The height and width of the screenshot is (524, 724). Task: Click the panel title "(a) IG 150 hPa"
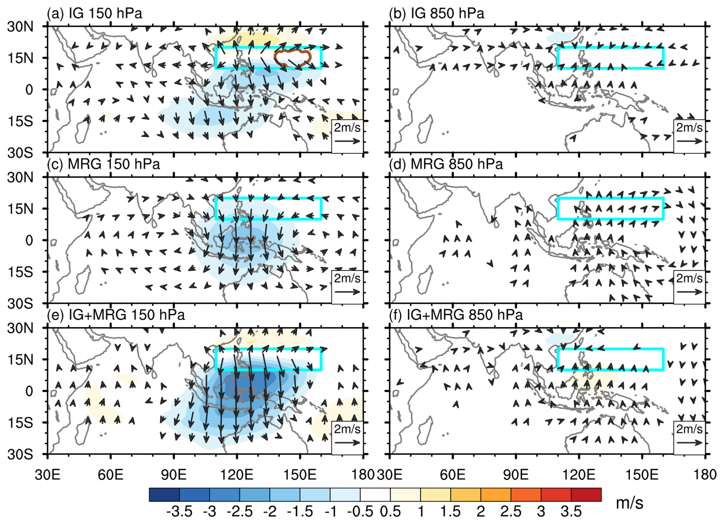point(94,13)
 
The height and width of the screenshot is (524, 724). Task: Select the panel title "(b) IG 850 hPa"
point(436,13)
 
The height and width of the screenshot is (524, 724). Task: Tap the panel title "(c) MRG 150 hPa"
point(103,164)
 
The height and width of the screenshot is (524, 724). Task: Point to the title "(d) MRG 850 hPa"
point(445,164)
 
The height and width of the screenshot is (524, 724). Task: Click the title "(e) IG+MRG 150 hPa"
point(116,315)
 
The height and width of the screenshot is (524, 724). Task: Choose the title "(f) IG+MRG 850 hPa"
point(455,315)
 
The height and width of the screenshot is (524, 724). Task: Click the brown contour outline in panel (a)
point(292,50)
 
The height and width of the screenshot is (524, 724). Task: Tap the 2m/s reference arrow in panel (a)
point(347,141)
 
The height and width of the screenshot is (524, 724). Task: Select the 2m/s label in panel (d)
point(689,278)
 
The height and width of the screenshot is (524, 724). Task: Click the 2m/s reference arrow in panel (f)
point(689,443)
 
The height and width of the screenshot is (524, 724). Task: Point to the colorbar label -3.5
point(179,511)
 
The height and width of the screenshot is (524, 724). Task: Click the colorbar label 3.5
point(571,511)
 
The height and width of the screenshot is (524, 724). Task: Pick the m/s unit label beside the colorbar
point(629,503)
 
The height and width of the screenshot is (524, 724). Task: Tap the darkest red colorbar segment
point(586,495)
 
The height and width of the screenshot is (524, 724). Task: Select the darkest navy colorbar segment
point(164,495)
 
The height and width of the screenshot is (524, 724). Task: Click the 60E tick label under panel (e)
point(111,475)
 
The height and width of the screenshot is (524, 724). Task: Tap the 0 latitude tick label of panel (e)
point(29,391)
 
